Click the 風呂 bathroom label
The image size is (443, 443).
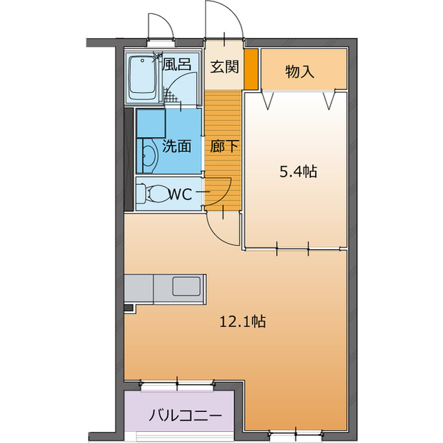(177, 64)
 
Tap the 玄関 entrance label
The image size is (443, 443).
(224, 67)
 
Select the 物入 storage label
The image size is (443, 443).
(300, 71)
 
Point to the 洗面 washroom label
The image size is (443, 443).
(177, 146)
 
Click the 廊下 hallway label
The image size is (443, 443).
(224, 146)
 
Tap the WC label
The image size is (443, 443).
(180, 194)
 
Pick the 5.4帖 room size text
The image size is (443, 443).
(298, 172)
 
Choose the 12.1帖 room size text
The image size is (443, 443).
(243, 321)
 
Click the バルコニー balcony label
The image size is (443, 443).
(185, 415)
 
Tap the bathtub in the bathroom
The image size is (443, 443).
(142, 78)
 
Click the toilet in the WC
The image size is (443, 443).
(152, 194)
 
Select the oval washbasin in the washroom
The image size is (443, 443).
(149, 156)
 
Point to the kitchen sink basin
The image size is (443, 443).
(186, 286)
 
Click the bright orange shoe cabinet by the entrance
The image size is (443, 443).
(251, 69)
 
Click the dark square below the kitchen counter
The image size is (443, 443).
(129, 308)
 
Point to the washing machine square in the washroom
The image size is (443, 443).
(151, 123)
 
